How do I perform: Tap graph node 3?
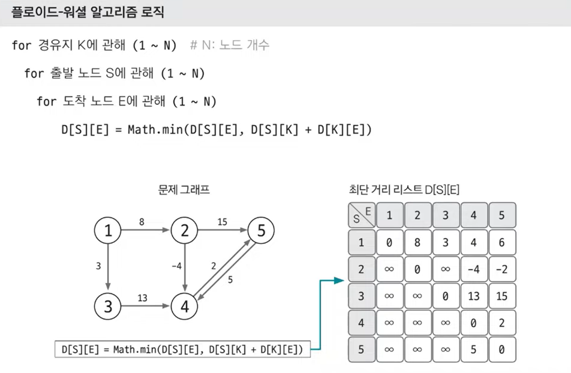(108, 306)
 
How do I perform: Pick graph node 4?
(185, 306)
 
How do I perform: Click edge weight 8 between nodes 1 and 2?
(142, 222)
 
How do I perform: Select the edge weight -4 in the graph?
(176, 266)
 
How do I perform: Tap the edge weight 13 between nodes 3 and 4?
(142, 298)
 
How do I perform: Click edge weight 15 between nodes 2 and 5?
(222, 222)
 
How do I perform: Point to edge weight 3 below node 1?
(98, 266)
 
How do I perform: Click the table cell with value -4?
(474, 269)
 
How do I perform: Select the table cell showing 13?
(474, 296)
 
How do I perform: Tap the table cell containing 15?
(502, 296)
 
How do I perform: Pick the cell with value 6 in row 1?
(502, 242)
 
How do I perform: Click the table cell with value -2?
(502, 269)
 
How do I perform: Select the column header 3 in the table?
(446, 215)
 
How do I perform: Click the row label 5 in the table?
(361, 349)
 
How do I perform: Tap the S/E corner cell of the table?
(361, 215)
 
